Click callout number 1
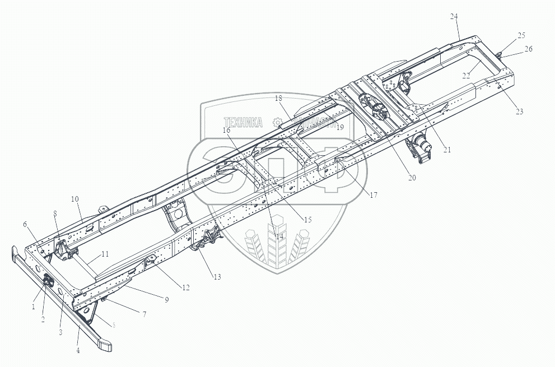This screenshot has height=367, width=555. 33,306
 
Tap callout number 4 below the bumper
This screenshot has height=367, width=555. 78,351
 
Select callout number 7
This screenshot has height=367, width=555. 144,314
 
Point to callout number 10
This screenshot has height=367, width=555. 75,199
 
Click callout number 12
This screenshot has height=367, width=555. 186,287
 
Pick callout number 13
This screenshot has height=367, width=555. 217,277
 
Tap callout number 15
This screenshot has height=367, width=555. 307,220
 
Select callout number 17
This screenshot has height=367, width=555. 374,195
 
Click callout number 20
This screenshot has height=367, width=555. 412,178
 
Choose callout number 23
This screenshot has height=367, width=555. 519,112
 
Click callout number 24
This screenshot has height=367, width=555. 454,16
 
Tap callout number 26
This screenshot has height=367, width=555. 528,49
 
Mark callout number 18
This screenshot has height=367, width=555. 278,98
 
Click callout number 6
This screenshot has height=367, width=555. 25,224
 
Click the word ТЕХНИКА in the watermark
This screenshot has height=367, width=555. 244,122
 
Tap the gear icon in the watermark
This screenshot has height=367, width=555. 277,122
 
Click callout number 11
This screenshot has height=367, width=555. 105,254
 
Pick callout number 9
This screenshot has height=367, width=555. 166,300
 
